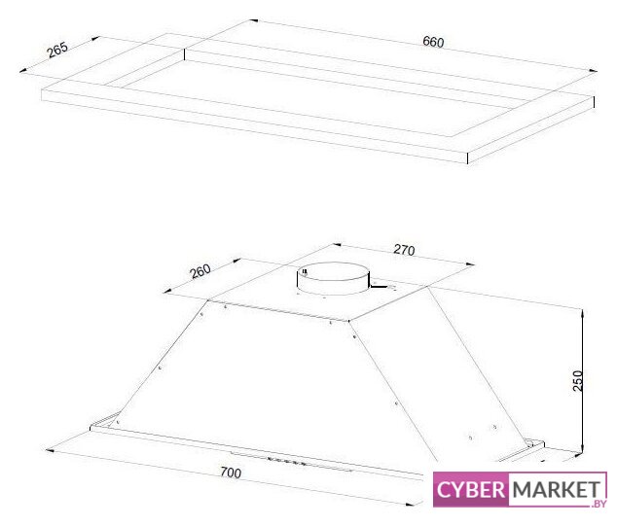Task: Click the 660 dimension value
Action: pyautogui.click(x=433, y=42)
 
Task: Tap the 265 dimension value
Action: pyautogui.click(x=57, y=50)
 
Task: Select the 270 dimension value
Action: pyautogui.click(x=404, y=250)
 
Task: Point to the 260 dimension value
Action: pyautogui.click(x=200, y=271)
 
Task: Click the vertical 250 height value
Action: pyautogui.click(x=578, y=380)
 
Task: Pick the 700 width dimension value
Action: pyautogui.click(x=231, y=473)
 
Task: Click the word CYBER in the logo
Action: pyautogui.click(x=471, y=490)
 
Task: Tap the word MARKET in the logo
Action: pyautogui.click(x=557, y=490)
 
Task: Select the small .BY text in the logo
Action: pyautogui.click(x=599, y=504)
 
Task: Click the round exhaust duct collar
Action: pyautogui.click(x=333, y=278)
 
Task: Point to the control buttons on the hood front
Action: pyautogui.click(x=286, y=460)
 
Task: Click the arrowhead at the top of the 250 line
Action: pyautogui.click(x=582, y=314)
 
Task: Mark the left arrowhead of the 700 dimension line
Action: pyautogui.click(x=50, y=450)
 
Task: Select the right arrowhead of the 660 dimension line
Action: pyautogui.click(x=593, y=71)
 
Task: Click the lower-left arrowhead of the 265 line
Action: pyautogui.click(x=23, y=71)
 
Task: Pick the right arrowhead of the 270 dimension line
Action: pyautogui.click(x=470, y=264)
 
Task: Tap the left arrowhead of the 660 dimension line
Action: pyautogui.click(x=253, y=20)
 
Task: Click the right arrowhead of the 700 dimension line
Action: pyautogui.click(x=411, y=504)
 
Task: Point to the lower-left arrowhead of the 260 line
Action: pyautogui.click(x=167, y=292)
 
